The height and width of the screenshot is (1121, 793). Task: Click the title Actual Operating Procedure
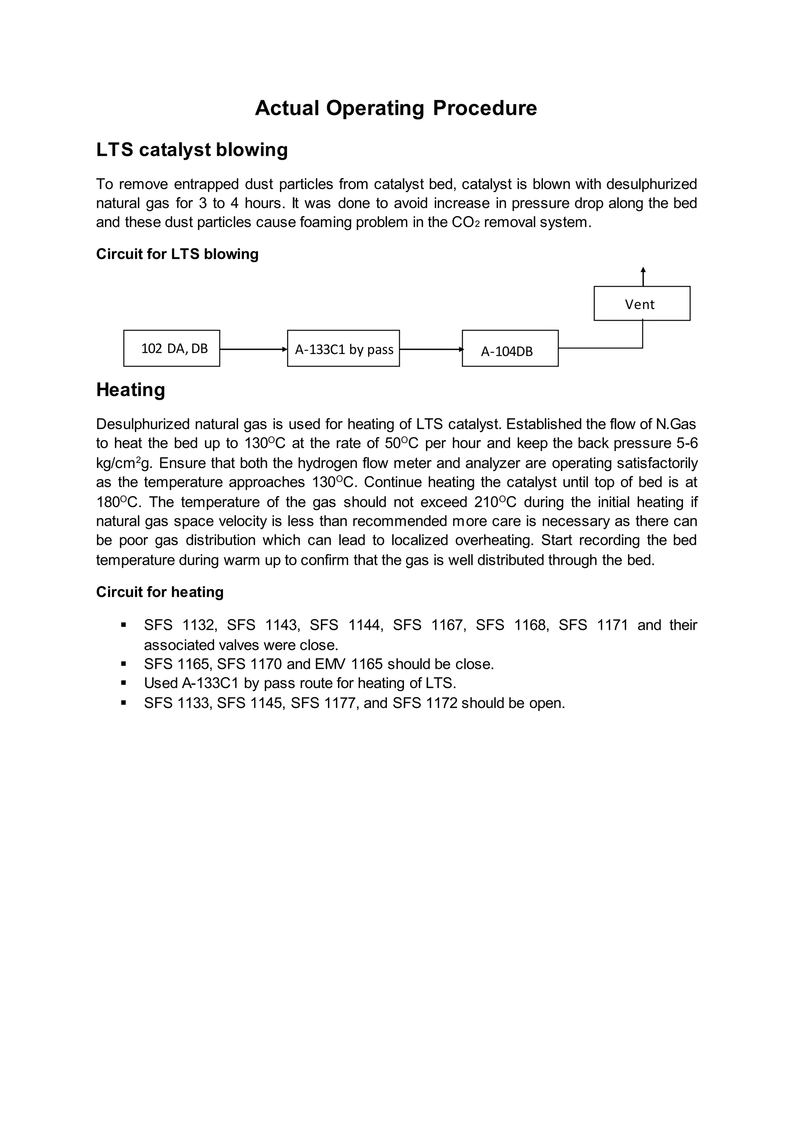point(395,108)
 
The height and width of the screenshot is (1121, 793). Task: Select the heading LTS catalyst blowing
point(192,150)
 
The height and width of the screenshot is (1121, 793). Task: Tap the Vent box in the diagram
point(642,304)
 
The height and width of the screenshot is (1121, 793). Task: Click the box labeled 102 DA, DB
point(172,348)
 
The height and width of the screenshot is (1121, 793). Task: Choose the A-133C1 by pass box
point(343,348)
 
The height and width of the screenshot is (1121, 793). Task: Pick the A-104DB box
point(510,349)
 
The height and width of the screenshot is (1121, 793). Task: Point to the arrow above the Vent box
point(643,277)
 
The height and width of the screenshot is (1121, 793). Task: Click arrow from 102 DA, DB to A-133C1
point(253,349)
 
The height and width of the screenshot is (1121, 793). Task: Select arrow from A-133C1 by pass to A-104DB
point(430,349)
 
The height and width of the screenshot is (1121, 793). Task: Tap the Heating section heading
point(130,390)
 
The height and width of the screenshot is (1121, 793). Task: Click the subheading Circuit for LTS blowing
point(177,254)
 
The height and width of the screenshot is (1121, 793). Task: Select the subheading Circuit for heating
point(160,592)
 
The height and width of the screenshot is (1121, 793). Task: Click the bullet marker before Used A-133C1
point(124,683)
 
